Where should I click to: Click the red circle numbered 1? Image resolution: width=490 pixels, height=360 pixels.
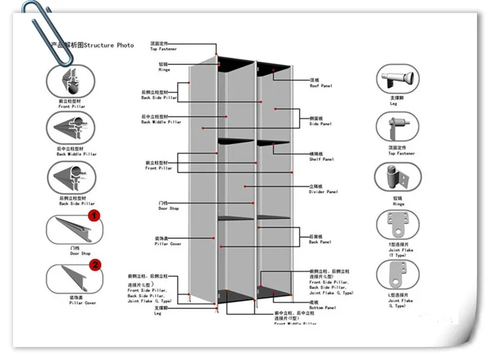(x=94, y=215)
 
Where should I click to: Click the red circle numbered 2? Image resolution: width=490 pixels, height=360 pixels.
(x=95, y=265)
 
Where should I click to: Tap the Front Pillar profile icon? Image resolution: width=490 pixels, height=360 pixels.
(x=71, y=80)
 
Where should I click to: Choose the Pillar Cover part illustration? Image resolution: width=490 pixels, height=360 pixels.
(x=71, y=279)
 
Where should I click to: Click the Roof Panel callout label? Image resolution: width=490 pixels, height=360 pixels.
(x=320, y=83)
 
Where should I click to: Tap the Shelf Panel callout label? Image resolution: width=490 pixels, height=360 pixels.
(x=321, y=157)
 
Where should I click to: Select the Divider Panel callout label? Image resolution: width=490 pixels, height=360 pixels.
(x=323, y=189)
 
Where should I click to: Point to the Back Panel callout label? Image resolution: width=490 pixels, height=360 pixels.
(x=320, y=239)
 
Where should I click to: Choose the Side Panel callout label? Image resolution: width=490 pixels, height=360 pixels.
(x=320, y=121)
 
